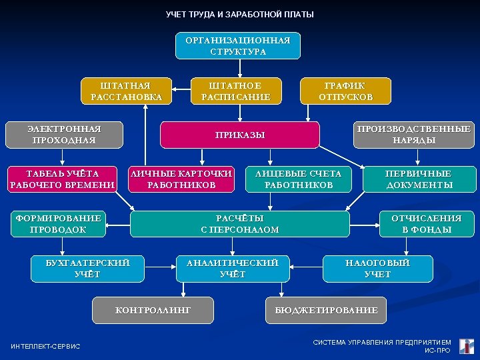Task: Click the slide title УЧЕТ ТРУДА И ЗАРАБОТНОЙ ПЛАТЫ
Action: [239, 15]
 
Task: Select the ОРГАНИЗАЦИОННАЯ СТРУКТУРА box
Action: [238, 46]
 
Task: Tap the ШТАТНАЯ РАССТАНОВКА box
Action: [126, 91]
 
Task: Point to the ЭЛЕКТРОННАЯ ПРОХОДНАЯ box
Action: [64, 135]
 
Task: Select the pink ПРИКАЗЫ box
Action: [240, 135]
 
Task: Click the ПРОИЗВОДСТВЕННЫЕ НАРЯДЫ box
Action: [413, 135]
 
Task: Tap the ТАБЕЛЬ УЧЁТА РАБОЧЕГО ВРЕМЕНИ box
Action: [62, 179]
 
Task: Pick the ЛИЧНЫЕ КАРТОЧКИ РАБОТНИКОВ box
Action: [181, 179]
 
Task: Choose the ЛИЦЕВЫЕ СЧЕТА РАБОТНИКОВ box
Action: [298, 179]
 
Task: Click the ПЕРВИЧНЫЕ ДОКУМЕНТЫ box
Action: [419, 179]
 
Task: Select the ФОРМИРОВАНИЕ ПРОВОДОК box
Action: [58, 224]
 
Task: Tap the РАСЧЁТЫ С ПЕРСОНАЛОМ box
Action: [240, 224]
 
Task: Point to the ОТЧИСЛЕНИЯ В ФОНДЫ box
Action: [426, 224]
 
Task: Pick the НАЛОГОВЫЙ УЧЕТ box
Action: [377, 269]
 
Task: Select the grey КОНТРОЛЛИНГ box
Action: [153, 311]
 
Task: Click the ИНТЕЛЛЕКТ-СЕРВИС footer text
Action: [46, 346]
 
